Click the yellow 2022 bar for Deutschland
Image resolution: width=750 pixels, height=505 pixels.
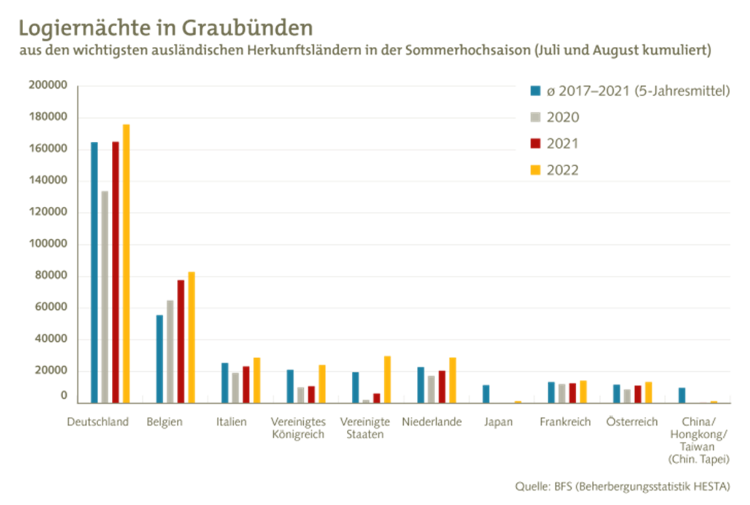click(x=126, y=262)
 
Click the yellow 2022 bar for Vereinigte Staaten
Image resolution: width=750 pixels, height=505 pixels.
click(x=387, y=379)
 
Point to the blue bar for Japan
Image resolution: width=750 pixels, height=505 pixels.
click(x=486, y=392)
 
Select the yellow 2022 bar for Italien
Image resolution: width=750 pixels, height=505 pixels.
click(x=257, y=379)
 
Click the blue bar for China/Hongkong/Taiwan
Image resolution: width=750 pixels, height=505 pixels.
click(x=682, y=394)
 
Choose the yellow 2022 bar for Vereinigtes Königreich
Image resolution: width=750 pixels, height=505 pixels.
click(x=322, y=383)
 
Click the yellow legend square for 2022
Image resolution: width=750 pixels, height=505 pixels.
click(x=535, y=170)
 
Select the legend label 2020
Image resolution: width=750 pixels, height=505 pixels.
click(x=562, y=117)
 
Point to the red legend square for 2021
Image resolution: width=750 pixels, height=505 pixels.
click(x=535, y=143)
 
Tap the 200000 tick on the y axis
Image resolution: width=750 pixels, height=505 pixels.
click(x=48, y=86)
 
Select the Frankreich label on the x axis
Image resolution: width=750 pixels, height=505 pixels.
click(x=565, y=422)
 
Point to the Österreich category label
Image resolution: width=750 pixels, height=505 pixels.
click(x=631, y=422)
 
